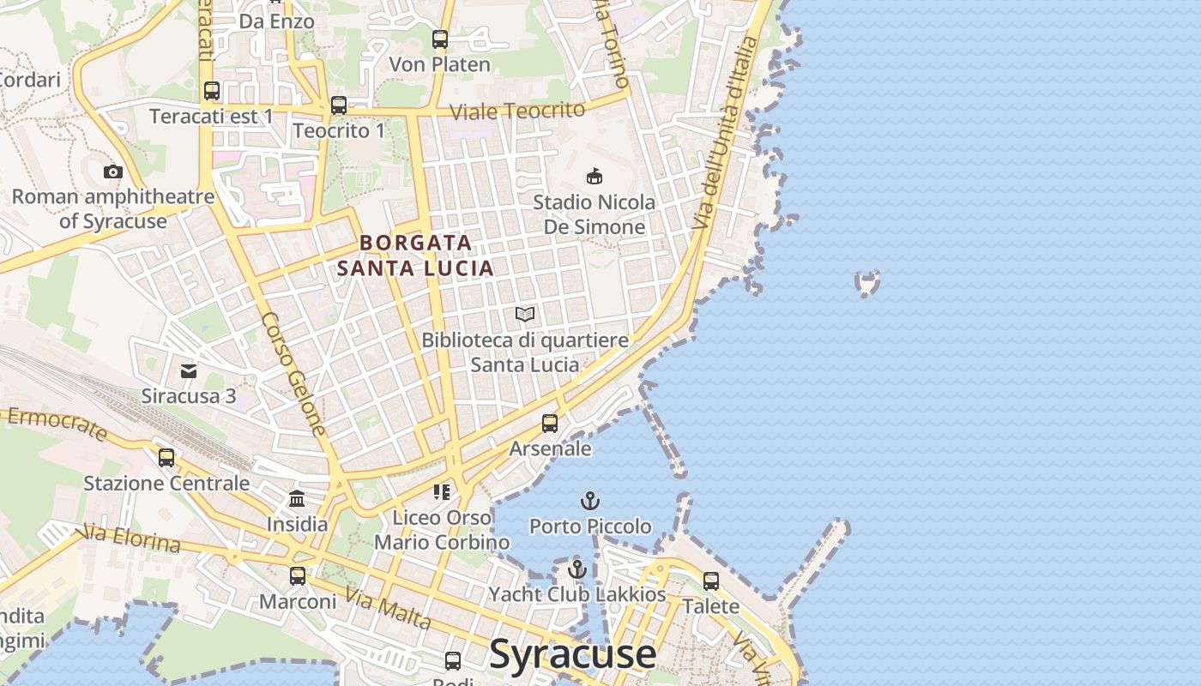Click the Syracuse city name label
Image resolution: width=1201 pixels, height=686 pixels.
tap(572, 654)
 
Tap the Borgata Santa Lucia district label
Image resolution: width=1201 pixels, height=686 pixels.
tap(415, 256)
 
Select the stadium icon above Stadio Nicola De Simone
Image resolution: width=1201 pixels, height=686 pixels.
tap(593, 177)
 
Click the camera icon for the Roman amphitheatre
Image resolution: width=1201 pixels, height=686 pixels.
tap(112, 172)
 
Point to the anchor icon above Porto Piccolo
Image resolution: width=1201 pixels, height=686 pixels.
tap(589, 500)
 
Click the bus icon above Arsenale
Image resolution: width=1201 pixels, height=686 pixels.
tap(550, 424)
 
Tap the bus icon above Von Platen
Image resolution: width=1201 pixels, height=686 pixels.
tap(440, 39)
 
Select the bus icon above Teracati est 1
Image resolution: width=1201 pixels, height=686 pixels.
tap(211, 91)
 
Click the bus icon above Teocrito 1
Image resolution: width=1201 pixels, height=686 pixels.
tap(339, 105)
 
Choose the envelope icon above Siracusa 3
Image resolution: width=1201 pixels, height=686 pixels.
tap(189, 371)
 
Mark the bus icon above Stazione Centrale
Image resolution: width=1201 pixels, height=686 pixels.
tap(166, 458)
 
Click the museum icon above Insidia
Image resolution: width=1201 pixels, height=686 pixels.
tap(297, 498)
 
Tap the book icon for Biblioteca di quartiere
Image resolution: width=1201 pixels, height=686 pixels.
tap(525, 315)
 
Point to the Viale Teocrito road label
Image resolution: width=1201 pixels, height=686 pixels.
tap(517, 111)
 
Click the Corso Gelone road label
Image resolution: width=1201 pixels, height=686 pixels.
tap(293, 373)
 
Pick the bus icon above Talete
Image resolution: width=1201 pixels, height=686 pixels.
tap(711, 581)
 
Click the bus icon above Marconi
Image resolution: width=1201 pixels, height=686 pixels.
tap(298, 576)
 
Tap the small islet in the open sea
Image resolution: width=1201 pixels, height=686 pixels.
tap(867, 282)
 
